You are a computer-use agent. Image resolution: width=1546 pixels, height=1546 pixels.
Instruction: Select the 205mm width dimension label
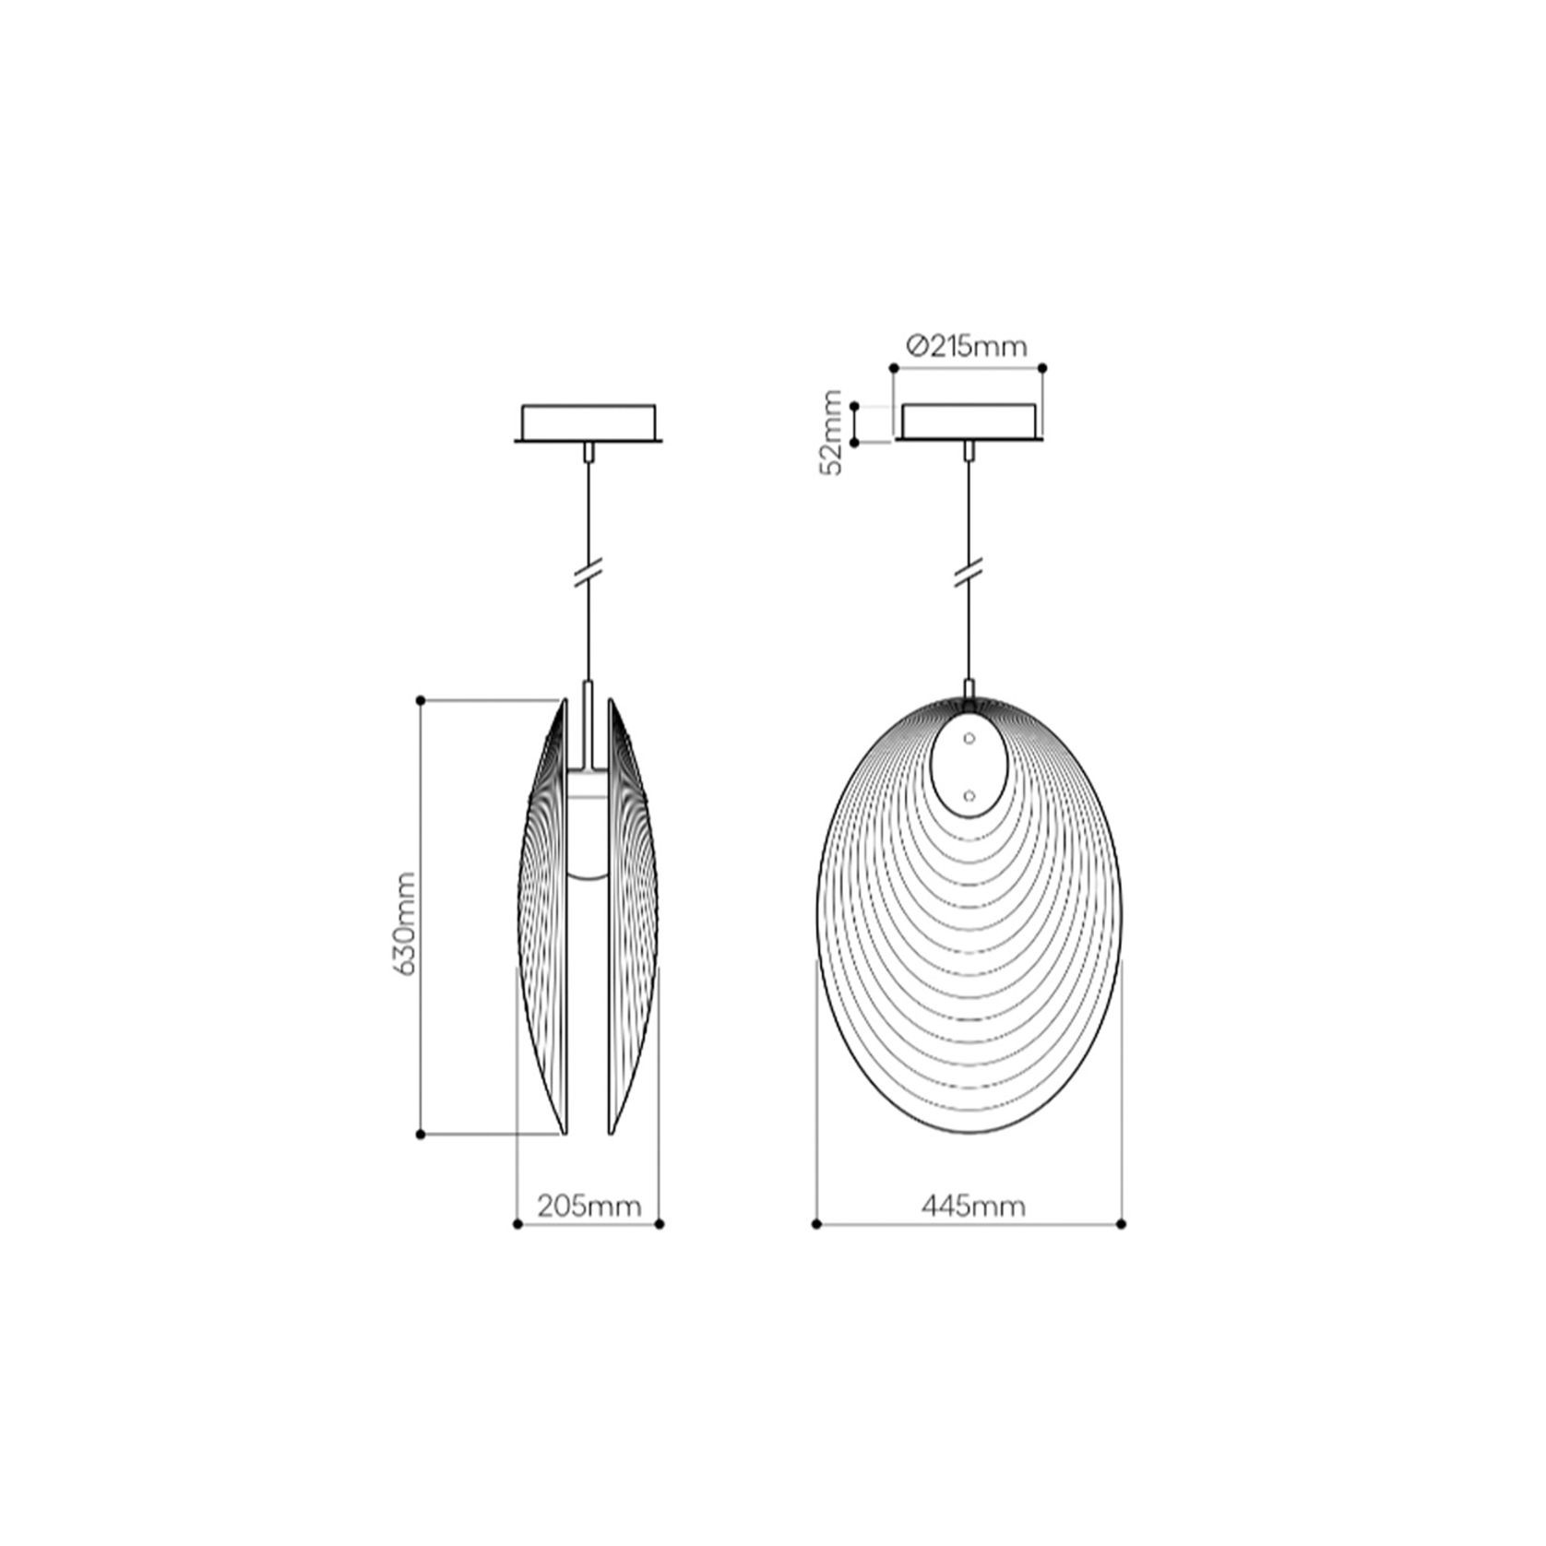589,1205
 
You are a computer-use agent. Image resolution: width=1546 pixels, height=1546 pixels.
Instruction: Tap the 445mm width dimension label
972,1205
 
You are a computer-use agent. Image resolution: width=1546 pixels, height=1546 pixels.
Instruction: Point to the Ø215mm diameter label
966,346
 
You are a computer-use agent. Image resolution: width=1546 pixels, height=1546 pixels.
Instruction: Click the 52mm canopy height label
832,432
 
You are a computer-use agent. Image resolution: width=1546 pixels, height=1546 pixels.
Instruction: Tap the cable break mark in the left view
589,573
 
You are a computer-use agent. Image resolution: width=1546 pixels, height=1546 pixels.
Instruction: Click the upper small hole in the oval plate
969,738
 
